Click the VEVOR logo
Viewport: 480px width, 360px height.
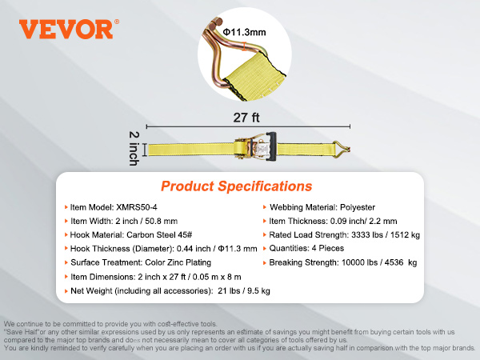coord(69,29)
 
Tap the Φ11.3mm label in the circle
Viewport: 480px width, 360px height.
coord(244,32)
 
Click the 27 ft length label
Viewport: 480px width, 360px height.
coord(246,118)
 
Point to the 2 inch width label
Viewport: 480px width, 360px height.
coord(134,149)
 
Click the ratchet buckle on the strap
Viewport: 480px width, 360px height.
coord(256,146)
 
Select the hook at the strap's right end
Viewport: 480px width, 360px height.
coord(342,150)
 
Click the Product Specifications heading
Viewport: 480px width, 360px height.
coord(237,186)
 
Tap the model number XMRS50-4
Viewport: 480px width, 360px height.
coord(137,207)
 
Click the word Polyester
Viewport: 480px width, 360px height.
coord(358,207)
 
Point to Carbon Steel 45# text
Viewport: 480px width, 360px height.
coord(159,234)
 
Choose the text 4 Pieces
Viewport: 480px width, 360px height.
coord(327,248)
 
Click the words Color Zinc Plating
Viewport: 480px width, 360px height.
coord(178,262)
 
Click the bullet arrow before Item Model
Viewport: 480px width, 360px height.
coord(66,207)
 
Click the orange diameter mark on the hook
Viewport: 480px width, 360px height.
coord(244,46)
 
